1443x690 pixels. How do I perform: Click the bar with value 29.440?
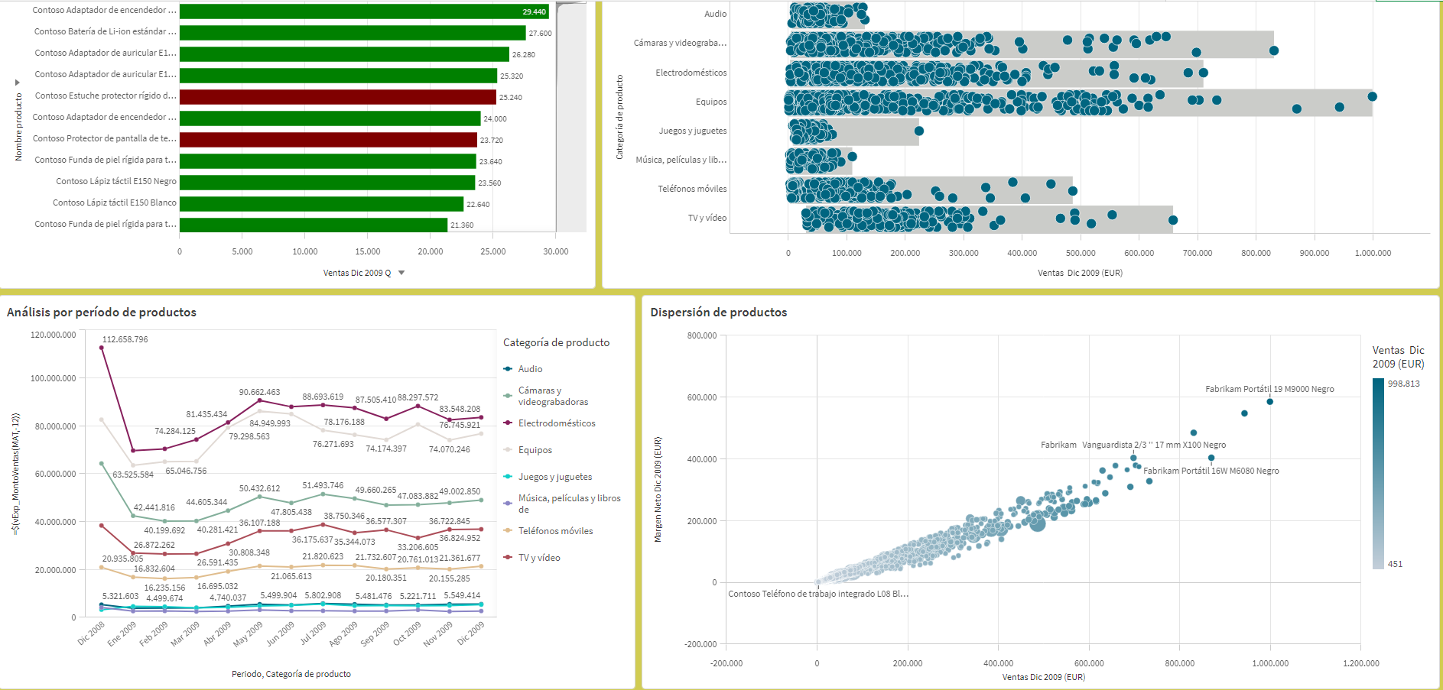point(364,11)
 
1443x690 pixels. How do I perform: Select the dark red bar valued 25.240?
point(337,97)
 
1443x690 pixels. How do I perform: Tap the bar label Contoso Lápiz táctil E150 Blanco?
point(115,202)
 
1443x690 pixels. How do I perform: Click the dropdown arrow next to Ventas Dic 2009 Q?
point(401,273)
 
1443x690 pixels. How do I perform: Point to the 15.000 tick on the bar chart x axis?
point(368,251)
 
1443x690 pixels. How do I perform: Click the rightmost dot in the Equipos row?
point(1372,96)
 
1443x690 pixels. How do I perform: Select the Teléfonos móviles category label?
point(692,189)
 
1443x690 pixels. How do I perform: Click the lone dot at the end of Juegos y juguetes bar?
point(919,131)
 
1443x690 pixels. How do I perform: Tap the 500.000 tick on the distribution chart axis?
point(1081,253)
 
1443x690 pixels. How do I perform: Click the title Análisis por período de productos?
point(102,312)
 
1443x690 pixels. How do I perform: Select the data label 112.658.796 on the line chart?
point(125,339)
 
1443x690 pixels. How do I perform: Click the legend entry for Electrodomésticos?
point(557,423)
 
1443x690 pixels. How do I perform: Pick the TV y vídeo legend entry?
point(539,558)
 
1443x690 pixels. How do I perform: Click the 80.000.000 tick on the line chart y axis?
point(53,426)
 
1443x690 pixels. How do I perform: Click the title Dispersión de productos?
point(718,312)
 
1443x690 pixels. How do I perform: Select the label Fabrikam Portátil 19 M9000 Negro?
point(1269,389)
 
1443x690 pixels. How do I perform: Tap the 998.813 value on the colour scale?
point(1403,384)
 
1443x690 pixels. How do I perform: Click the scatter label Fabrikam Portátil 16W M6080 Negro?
point(1211,471)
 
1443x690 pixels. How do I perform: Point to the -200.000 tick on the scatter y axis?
point(700,644)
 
